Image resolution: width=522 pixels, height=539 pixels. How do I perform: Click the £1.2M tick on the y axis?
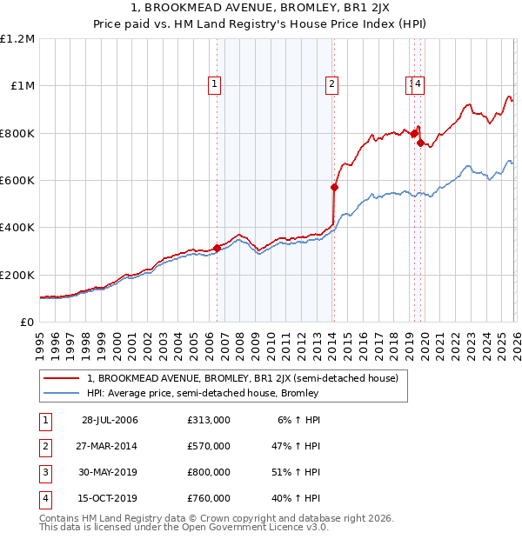coord(17,39)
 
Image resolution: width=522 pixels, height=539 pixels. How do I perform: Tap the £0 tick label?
coord(26,323)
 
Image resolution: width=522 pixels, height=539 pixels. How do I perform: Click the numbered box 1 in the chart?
coord(215,84)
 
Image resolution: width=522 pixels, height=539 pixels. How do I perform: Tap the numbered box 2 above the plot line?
coord(332,84)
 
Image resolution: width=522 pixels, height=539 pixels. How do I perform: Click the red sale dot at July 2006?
coord(217,248)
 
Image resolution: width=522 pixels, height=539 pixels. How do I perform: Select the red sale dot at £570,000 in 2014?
coord(334,187)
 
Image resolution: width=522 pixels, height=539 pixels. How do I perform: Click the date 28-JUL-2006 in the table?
coord(110,420)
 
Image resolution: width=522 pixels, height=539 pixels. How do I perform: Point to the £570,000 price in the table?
coord(209,446)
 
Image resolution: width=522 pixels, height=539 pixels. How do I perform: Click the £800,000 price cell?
coord(209,472)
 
